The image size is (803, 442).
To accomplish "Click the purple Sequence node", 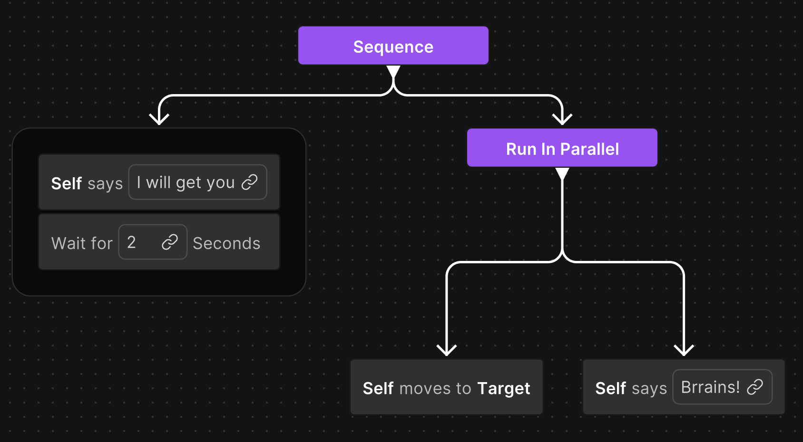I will (x=393, y=46).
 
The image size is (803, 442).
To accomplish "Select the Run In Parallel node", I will (x=562, y=148).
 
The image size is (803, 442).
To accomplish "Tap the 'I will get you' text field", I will (x=186, y=183).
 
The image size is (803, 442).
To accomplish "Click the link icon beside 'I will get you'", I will (x=250, y=182).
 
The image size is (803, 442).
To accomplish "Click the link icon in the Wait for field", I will (x=170, y=242).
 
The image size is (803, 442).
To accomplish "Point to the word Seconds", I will (x=226, y=243).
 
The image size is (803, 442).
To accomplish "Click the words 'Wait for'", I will (x=82, y=243).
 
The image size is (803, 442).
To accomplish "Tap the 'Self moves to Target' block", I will (x=446, y=387).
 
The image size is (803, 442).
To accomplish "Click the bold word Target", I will (x=503, y=388).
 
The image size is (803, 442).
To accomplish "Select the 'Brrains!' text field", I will (x=710, y=387).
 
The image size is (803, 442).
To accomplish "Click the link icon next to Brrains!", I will (x=755, y=387).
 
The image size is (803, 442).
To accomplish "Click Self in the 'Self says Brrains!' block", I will (x=610, y=388).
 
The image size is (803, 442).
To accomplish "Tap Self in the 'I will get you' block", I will (x=67, y=183).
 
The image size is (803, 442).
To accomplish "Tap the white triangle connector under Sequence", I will (x=393, y=71).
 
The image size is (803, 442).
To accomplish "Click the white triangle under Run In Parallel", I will (x=562, y=173).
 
